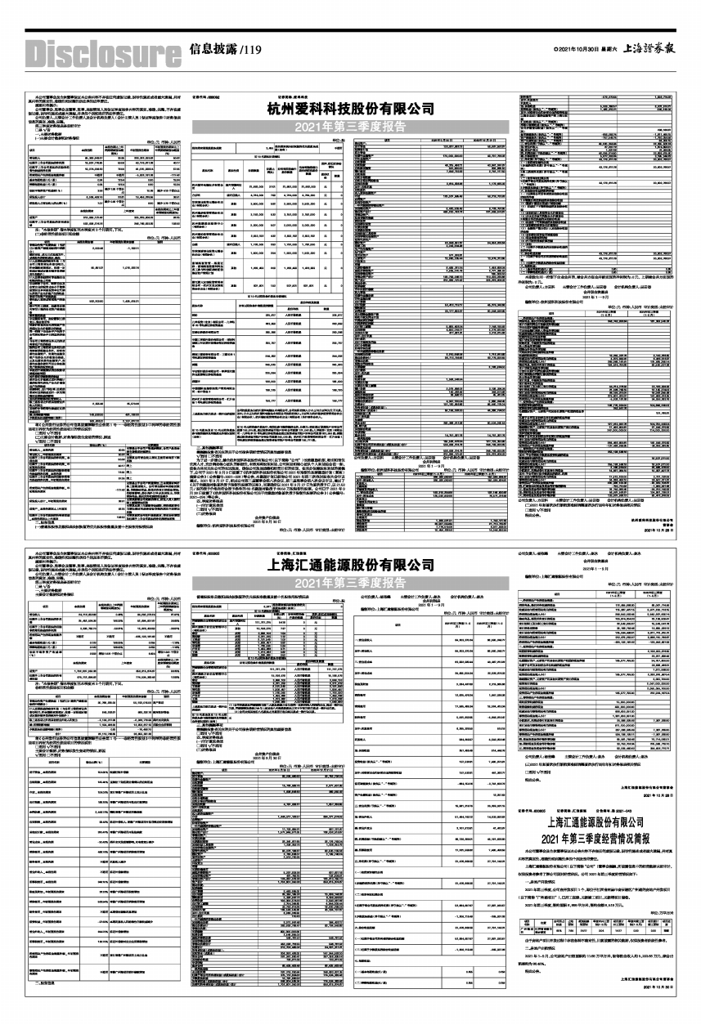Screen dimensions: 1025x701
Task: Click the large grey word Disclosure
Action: tap(103, 54)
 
